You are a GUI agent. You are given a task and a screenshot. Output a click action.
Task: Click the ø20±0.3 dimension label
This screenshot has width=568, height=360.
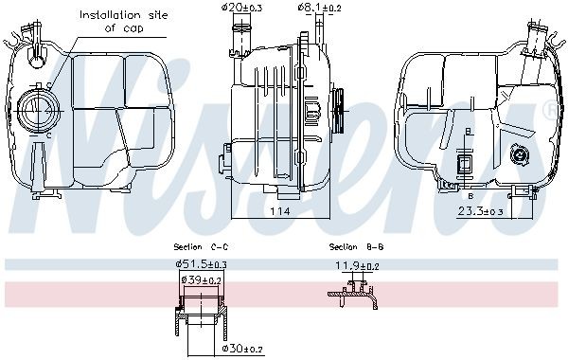[x=243, y=9]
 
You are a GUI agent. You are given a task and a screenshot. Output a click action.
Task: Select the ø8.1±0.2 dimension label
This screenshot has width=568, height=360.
[x=316, y=9]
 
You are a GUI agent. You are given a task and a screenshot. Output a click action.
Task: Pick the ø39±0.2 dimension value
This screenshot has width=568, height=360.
[x=202, y=281]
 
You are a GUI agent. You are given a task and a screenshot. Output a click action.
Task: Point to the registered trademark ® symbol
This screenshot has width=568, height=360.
[x=548, y=110]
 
